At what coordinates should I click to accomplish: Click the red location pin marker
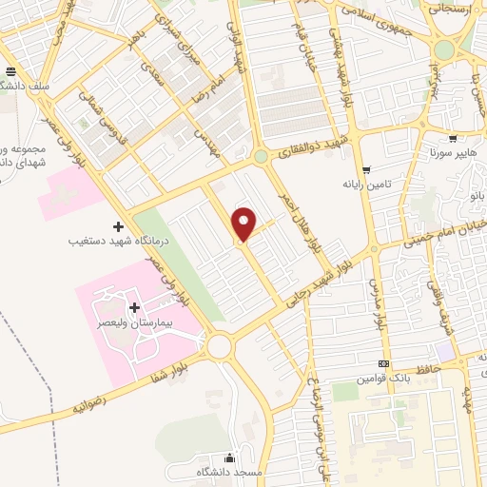pos(244,223)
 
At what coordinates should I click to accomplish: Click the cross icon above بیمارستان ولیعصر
pos(134,307)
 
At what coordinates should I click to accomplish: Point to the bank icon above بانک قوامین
pos(383,363)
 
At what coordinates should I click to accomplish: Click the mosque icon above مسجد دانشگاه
pos(227,458)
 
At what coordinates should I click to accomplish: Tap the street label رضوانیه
pos(91,404)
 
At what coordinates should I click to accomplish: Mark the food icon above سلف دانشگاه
pos(10,71)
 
